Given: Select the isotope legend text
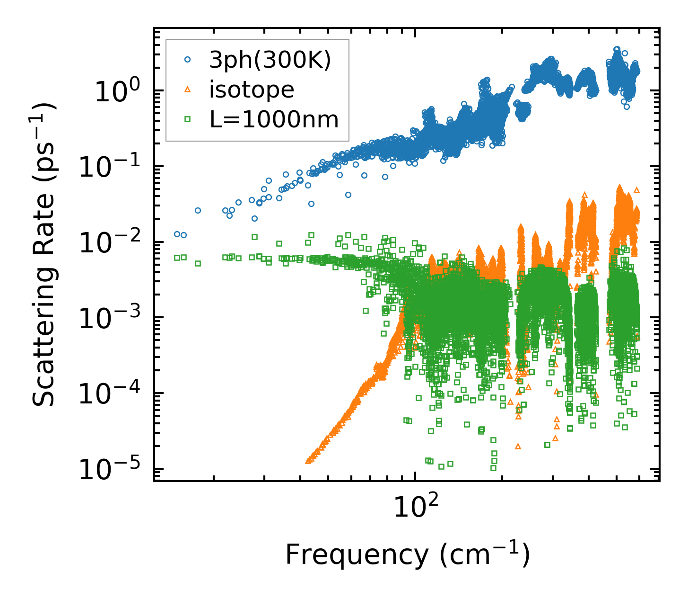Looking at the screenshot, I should [x=252, y=90].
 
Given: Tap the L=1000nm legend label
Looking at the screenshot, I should [x=274, y=120].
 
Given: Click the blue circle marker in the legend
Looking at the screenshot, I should [x=187, y=60].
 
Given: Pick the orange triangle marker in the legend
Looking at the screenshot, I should [x=187, y=89].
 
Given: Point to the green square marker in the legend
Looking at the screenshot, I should [x=187, y=119].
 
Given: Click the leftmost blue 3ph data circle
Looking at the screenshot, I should [x=177, y=234].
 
